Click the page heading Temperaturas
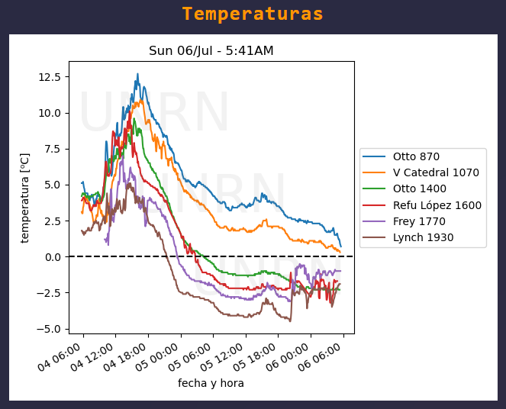click(x=253, y=14)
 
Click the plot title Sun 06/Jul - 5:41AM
click(x=211, y=51)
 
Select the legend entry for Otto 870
click(x=417, y=156)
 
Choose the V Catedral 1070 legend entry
click(x=436, y=172)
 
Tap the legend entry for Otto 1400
click(x=421, y=188)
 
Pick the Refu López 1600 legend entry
click(x=437, y=204)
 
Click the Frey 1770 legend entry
click(x=419, y=221)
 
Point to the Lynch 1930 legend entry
click(x=423, y=237)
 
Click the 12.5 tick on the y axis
click(x=50, y=76)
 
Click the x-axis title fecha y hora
click(x=211, y=383)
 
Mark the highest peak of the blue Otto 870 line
click(x=137, y=74)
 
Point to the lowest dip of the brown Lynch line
click(x=290, y=320)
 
